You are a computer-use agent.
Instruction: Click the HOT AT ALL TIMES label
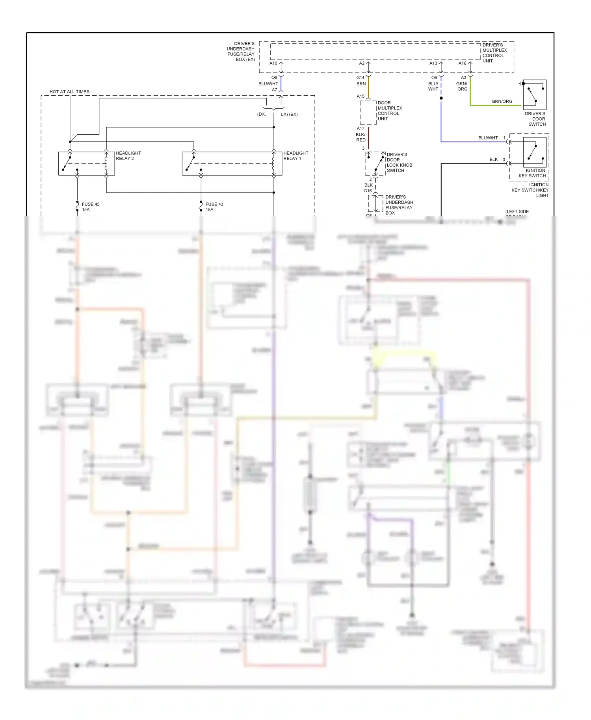[69, 92]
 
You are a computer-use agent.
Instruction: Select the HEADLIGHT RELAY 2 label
[128, 156]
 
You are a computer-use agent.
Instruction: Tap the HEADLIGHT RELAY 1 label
[295, 156]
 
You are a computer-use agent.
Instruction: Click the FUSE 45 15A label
[90, 207]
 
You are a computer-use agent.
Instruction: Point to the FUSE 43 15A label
[214, 207]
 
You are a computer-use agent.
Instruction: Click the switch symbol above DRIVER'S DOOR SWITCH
[534, 95]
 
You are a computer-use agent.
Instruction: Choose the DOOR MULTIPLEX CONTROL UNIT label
[389, 111]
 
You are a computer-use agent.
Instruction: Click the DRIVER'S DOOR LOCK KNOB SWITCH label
[399, 162]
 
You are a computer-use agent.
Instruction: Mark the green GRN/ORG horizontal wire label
[502, 101]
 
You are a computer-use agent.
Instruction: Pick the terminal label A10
[273, 63]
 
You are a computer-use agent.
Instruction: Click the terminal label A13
[433, 63]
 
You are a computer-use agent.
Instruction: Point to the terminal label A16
[462, 63]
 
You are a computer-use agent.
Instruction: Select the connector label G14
[360, 78]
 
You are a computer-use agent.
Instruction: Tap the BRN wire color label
[361, 84]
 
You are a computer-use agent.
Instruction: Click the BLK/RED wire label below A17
[361, 137]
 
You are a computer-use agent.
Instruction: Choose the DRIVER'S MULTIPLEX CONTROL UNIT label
[494, 53]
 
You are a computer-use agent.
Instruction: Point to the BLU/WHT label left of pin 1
[488, 138]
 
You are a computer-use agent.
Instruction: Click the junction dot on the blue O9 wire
[441, 98]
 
